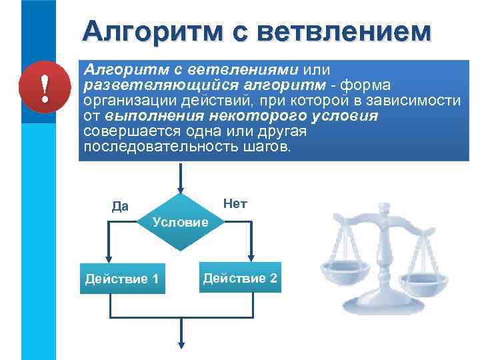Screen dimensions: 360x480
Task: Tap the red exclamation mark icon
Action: [44, 89]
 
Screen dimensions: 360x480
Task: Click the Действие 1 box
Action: [122, 278]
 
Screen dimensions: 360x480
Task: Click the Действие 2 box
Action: [240, 277]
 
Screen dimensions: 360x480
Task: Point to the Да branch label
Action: [121, 206]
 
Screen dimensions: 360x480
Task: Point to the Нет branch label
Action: [235, 203]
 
